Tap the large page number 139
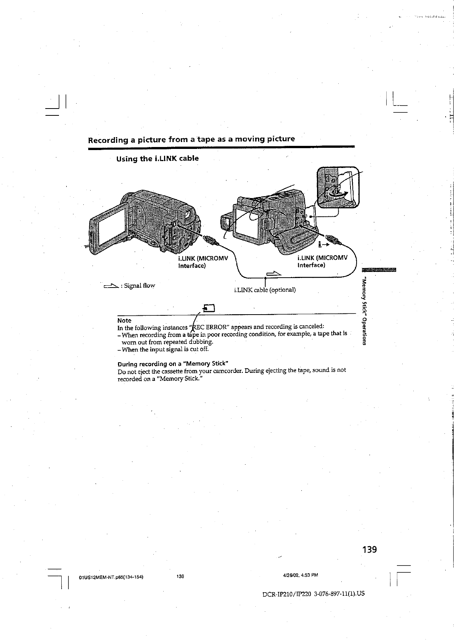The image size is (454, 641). click(369, 549)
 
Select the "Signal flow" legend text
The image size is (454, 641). click(138, 285)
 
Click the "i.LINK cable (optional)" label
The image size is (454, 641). click(265, 289)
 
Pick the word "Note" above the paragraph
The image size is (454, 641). click(124, 320)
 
